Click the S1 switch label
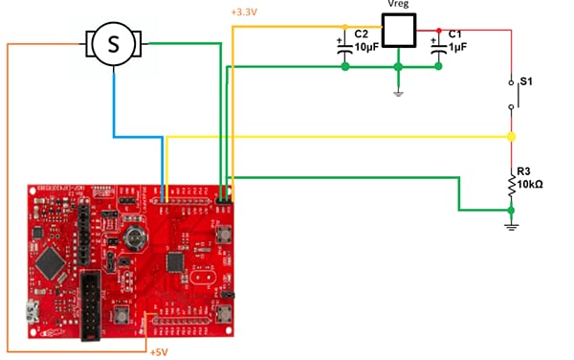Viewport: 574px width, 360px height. tap(524, 83)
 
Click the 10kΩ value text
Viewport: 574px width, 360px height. tap(531, 184)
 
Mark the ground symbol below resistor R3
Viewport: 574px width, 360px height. tap(511, 223)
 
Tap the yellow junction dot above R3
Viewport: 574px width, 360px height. tap(511, 137)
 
